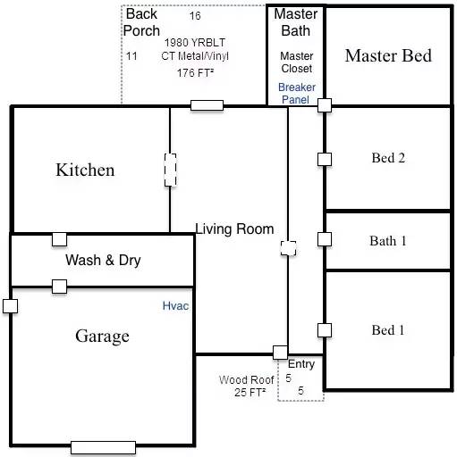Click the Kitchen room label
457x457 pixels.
(85, 170)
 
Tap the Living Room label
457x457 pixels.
(235, 229)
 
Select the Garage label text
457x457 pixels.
(102, 336)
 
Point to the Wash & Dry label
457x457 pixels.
(103, 261)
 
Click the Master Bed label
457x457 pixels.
(388, 55)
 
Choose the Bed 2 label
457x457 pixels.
(388, 158)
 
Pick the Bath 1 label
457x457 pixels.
(388, 241)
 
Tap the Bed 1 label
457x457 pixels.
(388, 330)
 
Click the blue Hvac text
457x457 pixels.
(175, 306)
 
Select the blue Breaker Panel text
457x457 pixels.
(295, 94)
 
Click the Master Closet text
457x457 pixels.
(296, 62)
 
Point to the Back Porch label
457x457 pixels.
(141, 22)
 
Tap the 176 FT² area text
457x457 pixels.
(194, 72)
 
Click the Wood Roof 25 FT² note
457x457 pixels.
(246, 386)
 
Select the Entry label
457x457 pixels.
(301, 364)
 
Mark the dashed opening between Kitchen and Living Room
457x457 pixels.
(170, 170)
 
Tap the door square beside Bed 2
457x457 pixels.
(325, 159)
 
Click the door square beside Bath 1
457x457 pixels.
(325, 239)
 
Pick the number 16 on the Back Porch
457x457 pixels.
(195, 16)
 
